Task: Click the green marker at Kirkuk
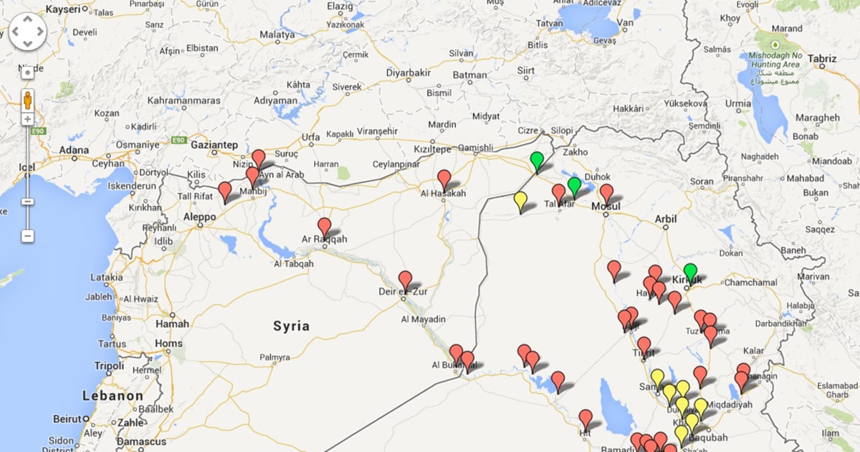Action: click(x=690, y=270)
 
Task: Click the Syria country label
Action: click(x=292, y=326)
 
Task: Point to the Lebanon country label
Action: click(x=113, y=396)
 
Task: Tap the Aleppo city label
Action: click(x=200, y=217)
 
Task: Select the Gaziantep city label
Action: click(x=214, y=145)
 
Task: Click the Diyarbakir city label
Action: click(x=408, y=72)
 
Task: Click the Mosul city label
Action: click(x=605, y=207)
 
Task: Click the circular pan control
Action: click(x=27, y=32)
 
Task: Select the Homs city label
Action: click(x=169, y=344)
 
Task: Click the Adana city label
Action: click(x=75, y=151)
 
